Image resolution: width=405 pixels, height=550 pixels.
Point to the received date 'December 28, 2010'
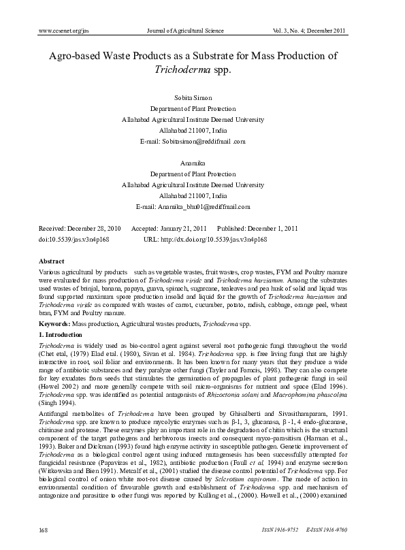point(93,228)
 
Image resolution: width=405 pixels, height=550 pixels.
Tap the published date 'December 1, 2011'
point(270,228)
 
